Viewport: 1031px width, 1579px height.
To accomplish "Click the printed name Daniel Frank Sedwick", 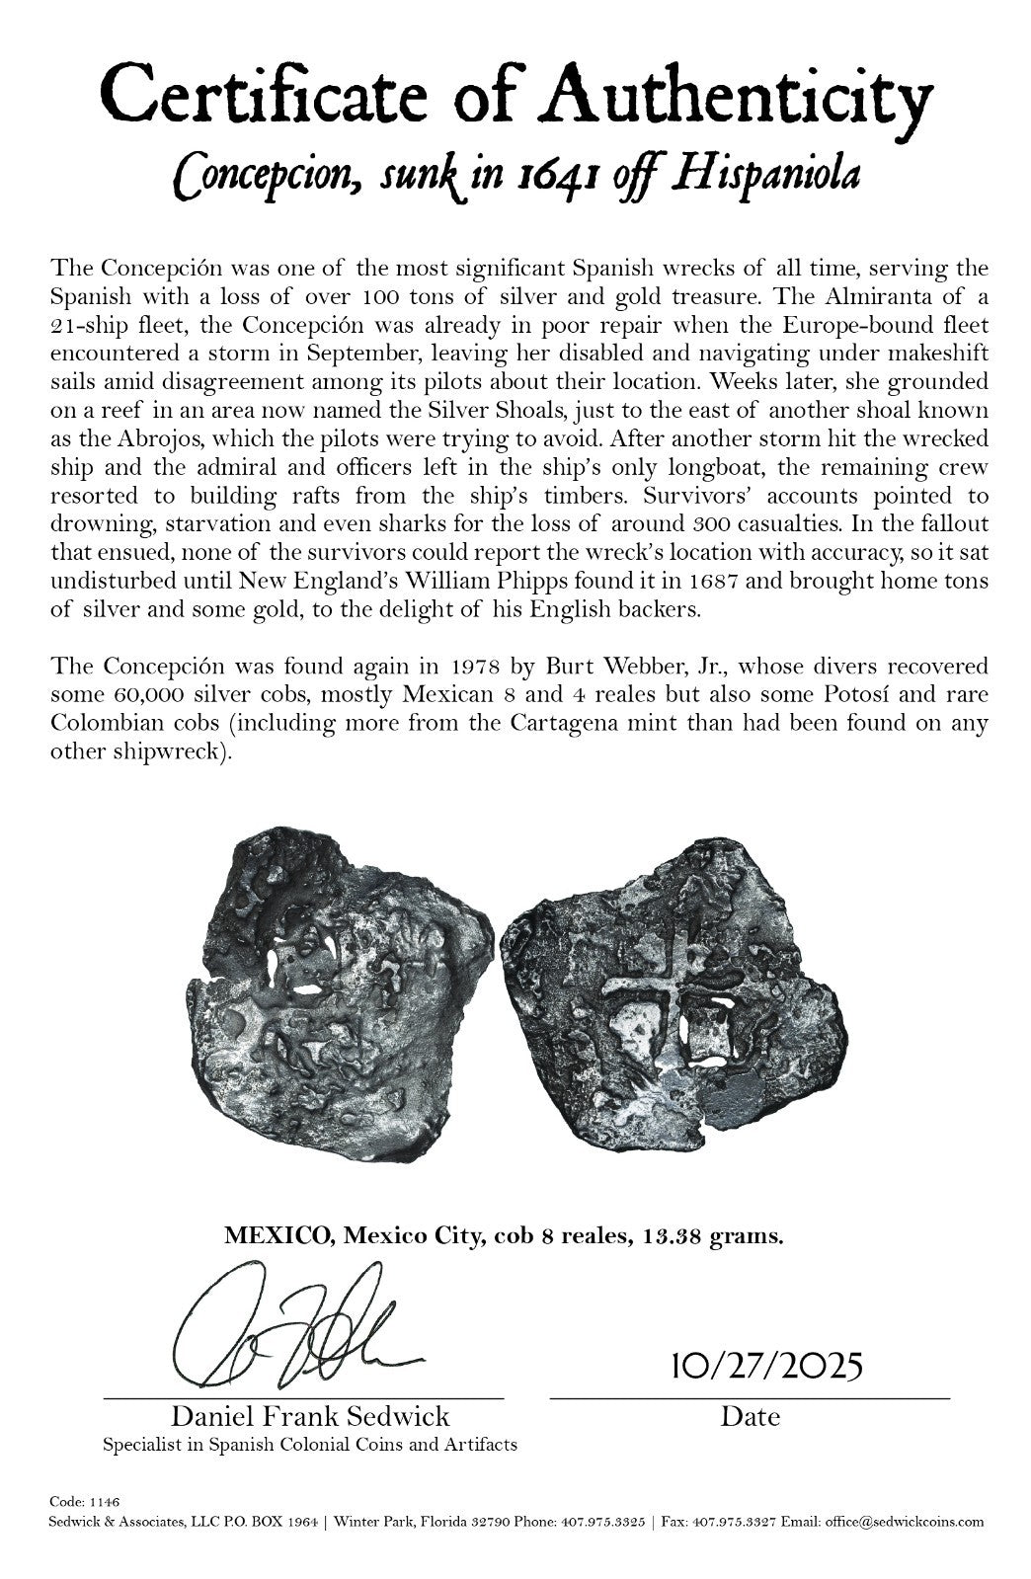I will click(310, 1416).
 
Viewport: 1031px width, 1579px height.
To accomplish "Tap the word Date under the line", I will click(750, 1417).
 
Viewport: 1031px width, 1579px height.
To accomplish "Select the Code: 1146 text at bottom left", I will click(84, 1501).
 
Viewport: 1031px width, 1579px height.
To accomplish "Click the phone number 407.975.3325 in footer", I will click(599, 1522).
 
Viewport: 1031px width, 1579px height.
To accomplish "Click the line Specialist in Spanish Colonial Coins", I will click(309, 1445).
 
